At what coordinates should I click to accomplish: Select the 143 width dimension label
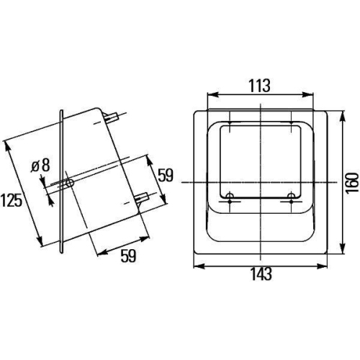coord(261,274)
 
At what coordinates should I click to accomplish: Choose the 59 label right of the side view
coord(166,174)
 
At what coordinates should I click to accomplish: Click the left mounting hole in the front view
coord(229,197)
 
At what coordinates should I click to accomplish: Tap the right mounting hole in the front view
coord(291,197)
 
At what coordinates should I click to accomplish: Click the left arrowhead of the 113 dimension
coord(210,94)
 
